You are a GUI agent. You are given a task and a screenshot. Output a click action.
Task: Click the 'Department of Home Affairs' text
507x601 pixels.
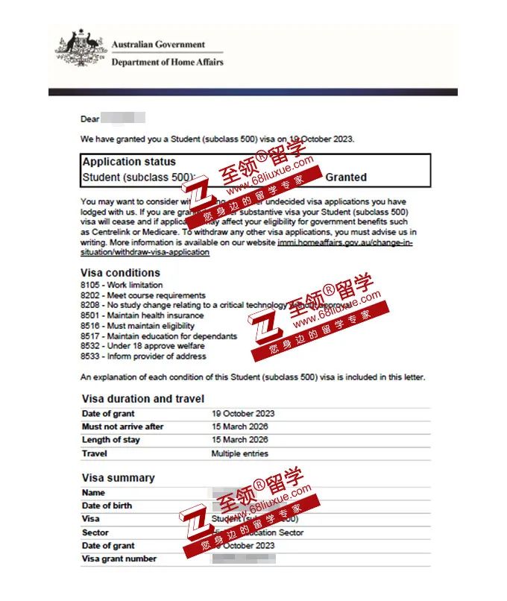(x=167, y=62)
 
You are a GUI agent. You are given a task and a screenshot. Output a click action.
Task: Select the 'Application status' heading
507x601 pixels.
(x=129, y=162)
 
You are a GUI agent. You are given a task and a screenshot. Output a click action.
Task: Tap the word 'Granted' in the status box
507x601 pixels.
(x=346, y=177)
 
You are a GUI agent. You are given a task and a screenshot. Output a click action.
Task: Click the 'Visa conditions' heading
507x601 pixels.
(x=120, y=273)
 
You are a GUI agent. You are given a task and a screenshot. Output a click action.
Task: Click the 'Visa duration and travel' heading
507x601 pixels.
(x=142, y=399)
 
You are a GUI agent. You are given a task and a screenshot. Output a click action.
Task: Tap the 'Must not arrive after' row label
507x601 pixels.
(x=122, y=427)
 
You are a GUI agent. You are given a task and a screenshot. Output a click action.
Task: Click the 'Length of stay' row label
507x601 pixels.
(x=110, y=440)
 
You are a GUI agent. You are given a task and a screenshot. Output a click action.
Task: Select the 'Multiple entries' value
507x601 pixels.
(x=239, y=453)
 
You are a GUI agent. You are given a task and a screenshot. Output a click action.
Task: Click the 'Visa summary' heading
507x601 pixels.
(x=118, y=478)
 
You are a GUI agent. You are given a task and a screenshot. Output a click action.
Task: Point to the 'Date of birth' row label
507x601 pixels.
(x=107, y=506)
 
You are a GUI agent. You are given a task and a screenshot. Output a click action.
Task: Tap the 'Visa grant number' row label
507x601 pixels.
(x=119, y=558)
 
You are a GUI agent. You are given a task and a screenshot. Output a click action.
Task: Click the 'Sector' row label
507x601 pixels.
(x=95, y=532)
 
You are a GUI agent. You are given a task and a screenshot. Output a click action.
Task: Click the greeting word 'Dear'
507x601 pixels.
(x=89, y=119)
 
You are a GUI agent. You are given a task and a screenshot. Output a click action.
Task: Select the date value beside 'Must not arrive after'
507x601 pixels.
(x=239, y=427)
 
